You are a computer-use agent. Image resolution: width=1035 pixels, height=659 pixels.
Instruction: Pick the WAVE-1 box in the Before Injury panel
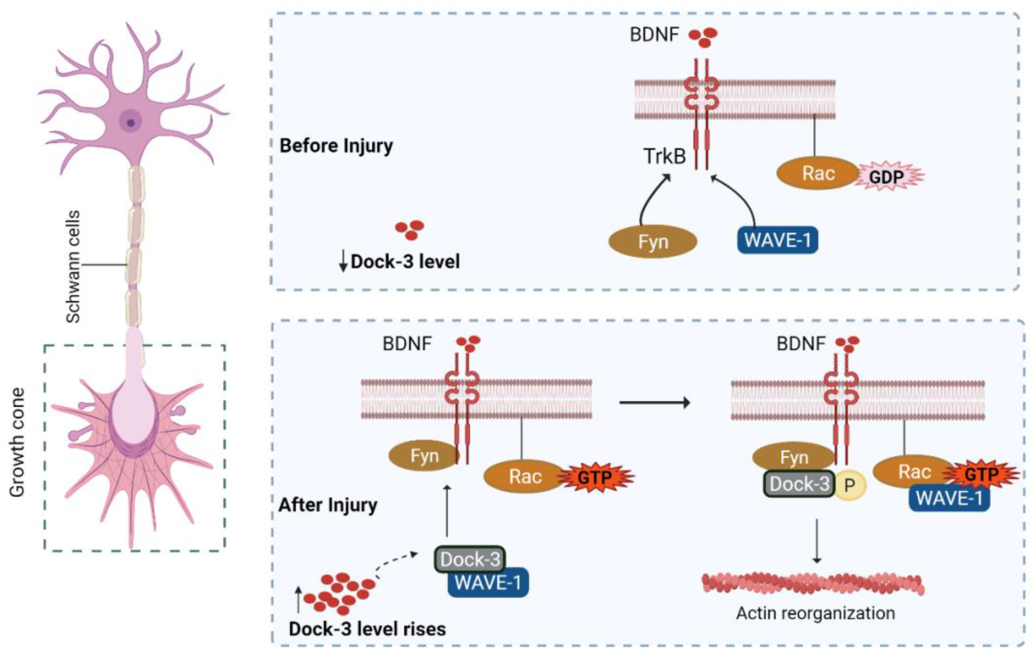777,240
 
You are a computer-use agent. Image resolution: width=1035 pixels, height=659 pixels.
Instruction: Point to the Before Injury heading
336,146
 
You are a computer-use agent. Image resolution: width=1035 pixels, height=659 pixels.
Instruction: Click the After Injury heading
328,505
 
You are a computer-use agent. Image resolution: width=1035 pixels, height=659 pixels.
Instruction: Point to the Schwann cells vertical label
73,266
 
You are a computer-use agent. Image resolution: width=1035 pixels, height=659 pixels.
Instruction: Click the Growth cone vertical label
17,443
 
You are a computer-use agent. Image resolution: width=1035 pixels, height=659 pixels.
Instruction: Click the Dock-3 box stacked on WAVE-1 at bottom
470,559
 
